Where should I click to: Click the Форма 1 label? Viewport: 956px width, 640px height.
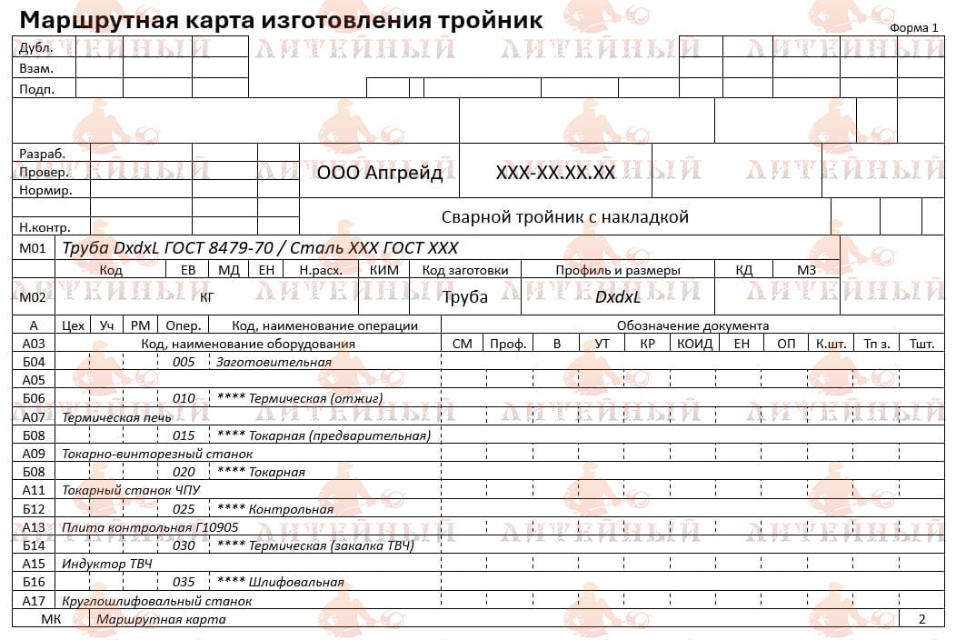coord(913,27)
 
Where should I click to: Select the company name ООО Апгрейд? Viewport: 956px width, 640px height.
coord(380,173)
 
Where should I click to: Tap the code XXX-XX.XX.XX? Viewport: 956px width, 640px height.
coord(555,173)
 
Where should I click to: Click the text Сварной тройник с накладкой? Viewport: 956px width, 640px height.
coord(564,217)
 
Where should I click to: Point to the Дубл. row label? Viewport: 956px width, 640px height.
coord(35,47)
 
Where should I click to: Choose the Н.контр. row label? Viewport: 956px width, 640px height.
coord(45,227)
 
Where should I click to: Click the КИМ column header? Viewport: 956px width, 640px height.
coord(385,270)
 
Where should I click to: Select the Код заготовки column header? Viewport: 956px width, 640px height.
coord(465,270)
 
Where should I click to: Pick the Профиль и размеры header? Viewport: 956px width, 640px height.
coord(618,270)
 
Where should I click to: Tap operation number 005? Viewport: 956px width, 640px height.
coord(184,362)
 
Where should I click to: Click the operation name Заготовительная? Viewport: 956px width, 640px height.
coord(274,362)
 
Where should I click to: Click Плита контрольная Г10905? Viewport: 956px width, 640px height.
coord(137,527)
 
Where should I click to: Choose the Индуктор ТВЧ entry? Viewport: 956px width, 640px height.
coord(106,564)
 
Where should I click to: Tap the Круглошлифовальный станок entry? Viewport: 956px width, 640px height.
coord(156,601)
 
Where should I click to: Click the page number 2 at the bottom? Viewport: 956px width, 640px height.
coord(921,619)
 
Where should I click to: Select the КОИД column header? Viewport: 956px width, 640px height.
coord(694,344)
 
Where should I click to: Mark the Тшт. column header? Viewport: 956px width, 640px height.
coord(921,344)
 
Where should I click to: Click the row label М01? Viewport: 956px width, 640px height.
coord(33,248)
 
